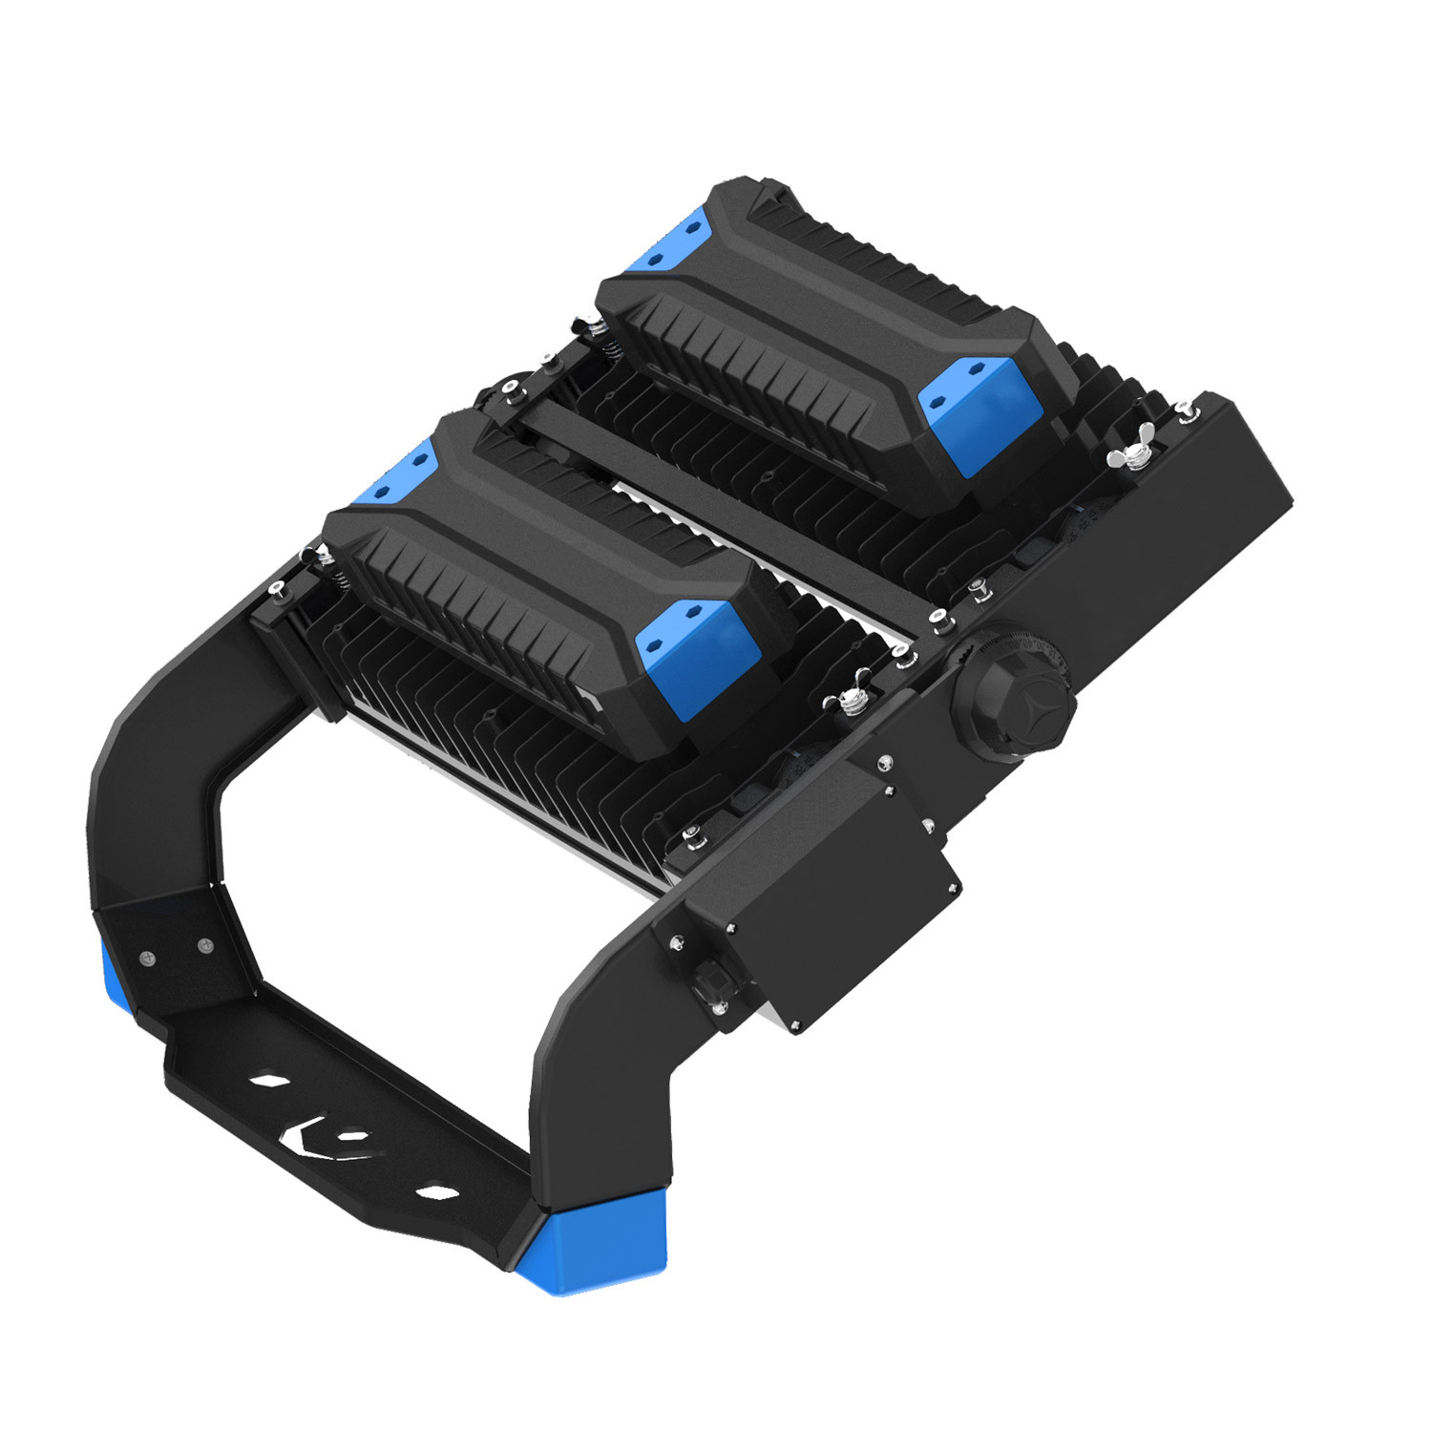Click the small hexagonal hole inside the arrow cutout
click(353, 1135)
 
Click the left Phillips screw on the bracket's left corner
click(145, 958)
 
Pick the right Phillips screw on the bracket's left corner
click(203, 945)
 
